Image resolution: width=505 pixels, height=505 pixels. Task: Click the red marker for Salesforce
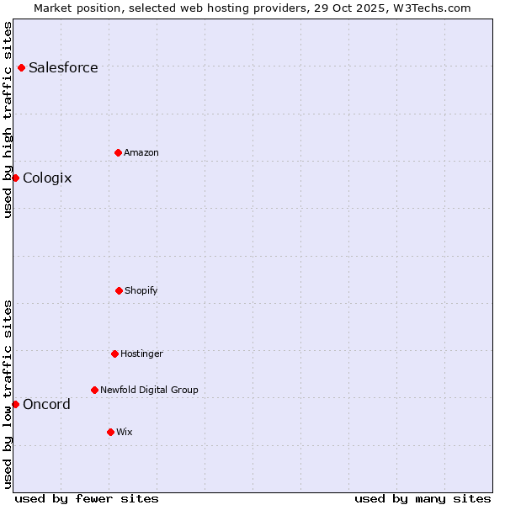[x=21, y=67]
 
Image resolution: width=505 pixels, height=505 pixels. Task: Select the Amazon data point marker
[x=118, y=152]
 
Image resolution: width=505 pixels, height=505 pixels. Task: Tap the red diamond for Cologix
[x=15, y=178]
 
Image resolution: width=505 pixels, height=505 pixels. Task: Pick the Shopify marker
[x=119, y=290]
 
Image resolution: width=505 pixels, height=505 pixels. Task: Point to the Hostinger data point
[x=114, y=353]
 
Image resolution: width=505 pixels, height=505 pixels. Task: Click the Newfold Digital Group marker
[x=94, y=390]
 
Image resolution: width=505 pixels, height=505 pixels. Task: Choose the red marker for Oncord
[x=15, y=404]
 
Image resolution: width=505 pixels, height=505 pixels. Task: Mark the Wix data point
[x=110, y=432]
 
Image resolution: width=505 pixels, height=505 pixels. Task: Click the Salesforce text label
[x=63, y=67]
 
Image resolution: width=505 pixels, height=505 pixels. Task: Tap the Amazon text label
[x=141, y=152]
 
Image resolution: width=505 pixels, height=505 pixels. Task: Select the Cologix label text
[x=47, y=178]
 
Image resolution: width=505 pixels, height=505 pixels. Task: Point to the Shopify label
[x=141, y=290]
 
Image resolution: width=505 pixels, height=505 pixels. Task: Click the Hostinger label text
[x=141, y=353]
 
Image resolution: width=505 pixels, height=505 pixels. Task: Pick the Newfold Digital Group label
[x=149, y=390]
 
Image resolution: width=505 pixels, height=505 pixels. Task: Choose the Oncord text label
[x=46, y=404]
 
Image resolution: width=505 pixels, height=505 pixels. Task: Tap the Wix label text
[x=125, y=432]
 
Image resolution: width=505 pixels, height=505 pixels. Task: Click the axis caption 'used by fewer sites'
[x=87, y=498]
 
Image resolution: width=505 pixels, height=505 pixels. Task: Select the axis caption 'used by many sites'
[x=423, y=498]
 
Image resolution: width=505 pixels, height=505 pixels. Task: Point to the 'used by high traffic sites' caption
[x=8, y=120]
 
